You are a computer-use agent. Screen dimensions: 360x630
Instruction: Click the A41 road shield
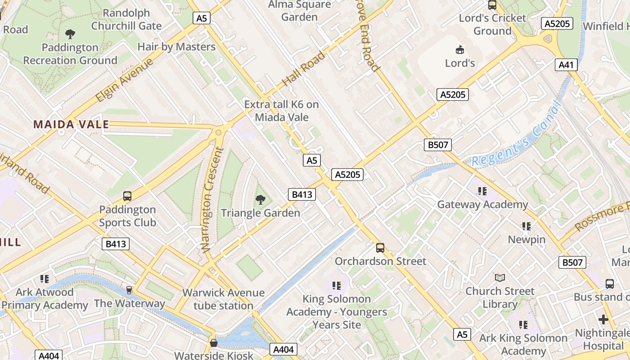566,65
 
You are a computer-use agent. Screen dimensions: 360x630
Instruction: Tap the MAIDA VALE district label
71,125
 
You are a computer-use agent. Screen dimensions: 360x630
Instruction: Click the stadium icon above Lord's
460,49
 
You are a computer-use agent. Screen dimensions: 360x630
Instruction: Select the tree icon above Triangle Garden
260,199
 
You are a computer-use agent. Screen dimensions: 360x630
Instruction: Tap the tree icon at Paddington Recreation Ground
70,34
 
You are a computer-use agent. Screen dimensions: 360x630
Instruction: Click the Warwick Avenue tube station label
224,299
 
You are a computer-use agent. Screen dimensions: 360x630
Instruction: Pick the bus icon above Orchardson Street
380,247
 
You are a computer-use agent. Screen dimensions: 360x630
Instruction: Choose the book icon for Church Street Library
499,278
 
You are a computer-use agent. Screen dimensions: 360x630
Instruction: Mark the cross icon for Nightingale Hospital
603,319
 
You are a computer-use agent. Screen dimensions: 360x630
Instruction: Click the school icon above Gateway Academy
482,191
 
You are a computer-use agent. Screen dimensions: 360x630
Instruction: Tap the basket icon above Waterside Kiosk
214,343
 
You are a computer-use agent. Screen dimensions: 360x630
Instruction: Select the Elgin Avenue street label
125,81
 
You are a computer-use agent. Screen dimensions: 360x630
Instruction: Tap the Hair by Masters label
176,47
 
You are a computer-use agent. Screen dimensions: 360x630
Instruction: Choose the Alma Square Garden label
299,11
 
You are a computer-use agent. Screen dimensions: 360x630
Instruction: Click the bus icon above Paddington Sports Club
127,196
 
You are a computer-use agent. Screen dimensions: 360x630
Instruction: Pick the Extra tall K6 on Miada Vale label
282,111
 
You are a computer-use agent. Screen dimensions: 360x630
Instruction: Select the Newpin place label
526,239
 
